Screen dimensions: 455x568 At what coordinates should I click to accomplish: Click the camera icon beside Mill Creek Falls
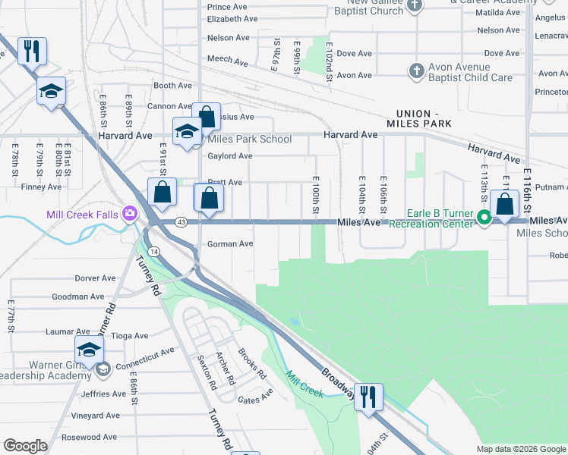pos(130,215)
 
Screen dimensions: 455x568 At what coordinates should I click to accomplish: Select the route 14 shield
pos(154,250)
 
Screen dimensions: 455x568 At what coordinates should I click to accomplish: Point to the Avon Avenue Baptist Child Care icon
pos(415,71)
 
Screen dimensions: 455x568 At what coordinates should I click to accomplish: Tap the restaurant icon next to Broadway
pos(368,397)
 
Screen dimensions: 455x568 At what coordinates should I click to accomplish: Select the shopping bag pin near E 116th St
pos(505,203)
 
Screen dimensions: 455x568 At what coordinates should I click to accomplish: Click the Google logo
pos(25,446)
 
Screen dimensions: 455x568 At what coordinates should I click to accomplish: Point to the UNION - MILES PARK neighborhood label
pos(418,118)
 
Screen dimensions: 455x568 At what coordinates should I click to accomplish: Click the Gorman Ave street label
pos(229,244)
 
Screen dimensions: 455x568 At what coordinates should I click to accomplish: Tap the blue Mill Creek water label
pos(305,384)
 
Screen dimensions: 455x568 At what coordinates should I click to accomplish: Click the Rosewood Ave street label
pos(90,437)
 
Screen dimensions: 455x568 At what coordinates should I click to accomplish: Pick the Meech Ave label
pos(228,61)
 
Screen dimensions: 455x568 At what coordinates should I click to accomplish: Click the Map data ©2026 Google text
pos(520,449)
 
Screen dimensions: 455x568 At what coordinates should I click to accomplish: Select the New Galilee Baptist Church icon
pos(414,6)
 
